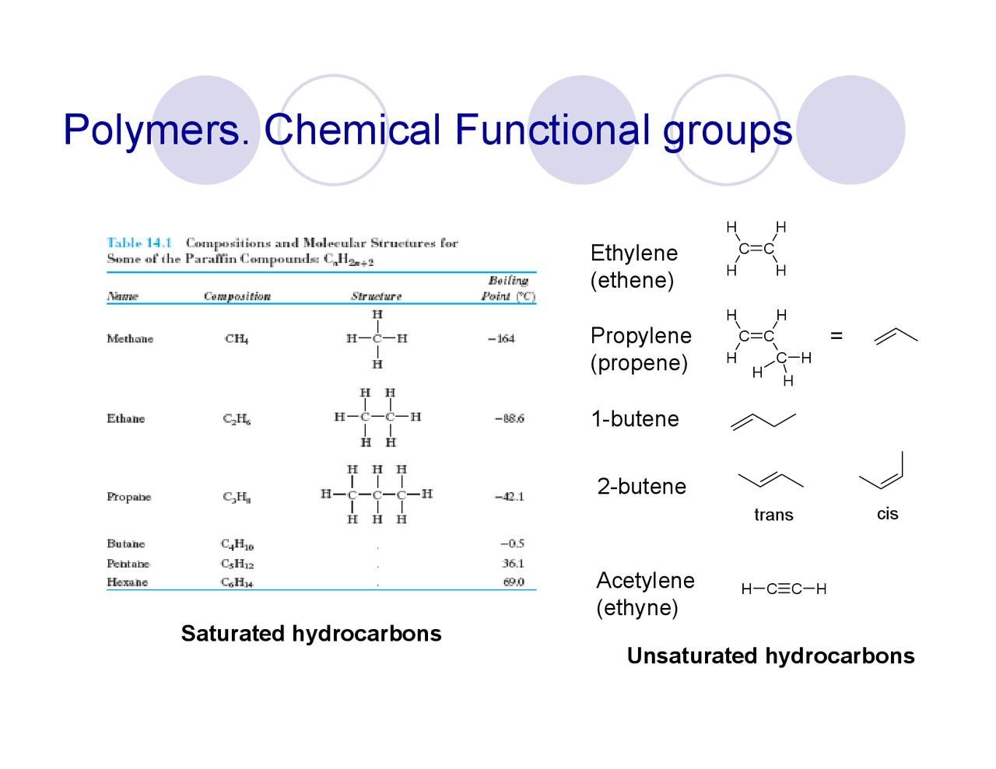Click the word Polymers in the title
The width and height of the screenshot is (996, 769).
[153, 131]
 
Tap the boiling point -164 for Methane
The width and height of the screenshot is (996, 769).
[501, 338]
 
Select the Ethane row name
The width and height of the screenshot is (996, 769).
[126, 418]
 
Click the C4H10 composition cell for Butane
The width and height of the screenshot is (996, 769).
[237, 544]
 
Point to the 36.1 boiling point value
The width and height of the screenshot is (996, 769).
[513, 563]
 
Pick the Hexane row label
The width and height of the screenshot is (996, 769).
[128, 582]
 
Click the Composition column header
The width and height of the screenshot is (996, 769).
[237, 296]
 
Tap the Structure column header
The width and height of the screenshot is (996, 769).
[376, 296]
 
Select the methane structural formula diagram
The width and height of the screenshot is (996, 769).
[377, 338]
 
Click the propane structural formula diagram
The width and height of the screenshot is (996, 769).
[377, 495]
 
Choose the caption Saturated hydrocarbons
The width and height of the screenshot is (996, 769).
[311, 634]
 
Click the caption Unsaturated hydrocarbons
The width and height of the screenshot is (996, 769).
[770, 656]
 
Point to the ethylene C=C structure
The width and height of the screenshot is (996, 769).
[756, 249]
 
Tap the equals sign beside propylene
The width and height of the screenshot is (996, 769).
[836, 335]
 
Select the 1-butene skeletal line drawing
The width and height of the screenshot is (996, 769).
[763, 421]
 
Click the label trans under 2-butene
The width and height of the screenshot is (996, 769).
[773, 515]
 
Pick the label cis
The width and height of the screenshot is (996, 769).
[887, 514]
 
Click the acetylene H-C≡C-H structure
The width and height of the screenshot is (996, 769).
[784, 589]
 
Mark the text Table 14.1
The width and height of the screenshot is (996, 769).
[139, 243]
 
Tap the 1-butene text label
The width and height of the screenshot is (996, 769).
[635, 419]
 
